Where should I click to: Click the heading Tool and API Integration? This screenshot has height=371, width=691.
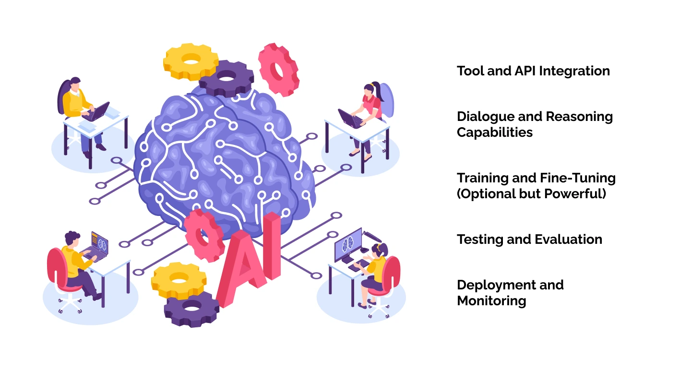click(533, 71)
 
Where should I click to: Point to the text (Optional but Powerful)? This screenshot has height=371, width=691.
click(532, 194)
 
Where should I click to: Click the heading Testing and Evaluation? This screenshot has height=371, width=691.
click(529, 239)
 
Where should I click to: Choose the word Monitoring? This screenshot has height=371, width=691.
click(491, 301)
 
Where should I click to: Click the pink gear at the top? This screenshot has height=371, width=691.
click(278, 70)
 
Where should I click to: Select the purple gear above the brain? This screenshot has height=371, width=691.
click(226, 78)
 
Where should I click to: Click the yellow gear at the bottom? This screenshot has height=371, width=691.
click(179, 281)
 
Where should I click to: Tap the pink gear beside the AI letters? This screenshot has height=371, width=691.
click(204, 236)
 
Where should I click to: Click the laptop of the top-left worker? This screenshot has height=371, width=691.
click(96, 112)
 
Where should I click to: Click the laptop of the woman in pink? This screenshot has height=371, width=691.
click(351, 119)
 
